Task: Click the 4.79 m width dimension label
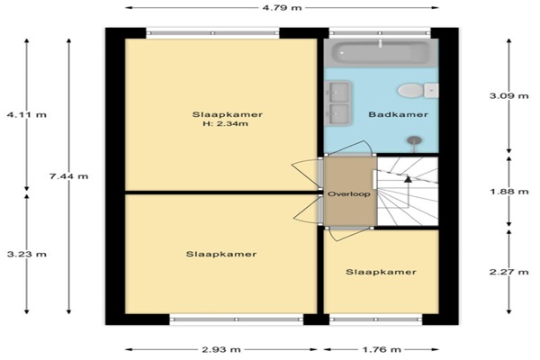pos(282,7)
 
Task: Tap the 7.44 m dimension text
pos(68,176)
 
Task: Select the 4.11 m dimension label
pos(26,114)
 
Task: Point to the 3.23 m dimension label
pos(26,254)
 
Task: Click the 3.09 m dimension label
pos(509,95)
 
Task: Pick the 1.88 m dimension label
pos(509,191)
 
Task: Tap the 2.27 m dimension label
pos(509,272)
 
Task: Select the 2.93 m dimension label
pos(221,350)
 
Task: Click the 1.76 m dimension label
pos(382,350)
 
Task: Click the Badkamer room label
pos(398,114)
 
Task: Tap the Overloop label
pos(349,194)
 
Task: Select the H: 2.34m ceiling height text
pos(226,123)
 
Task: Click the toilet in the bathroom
pos(418,91)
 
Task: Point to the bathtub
pos(381,53)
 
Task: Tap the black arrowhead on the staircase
pos(408,179)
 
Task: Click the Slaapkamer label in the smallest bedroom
pos(381,272)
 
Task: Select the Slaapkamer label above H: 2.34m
pos(228,114)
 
